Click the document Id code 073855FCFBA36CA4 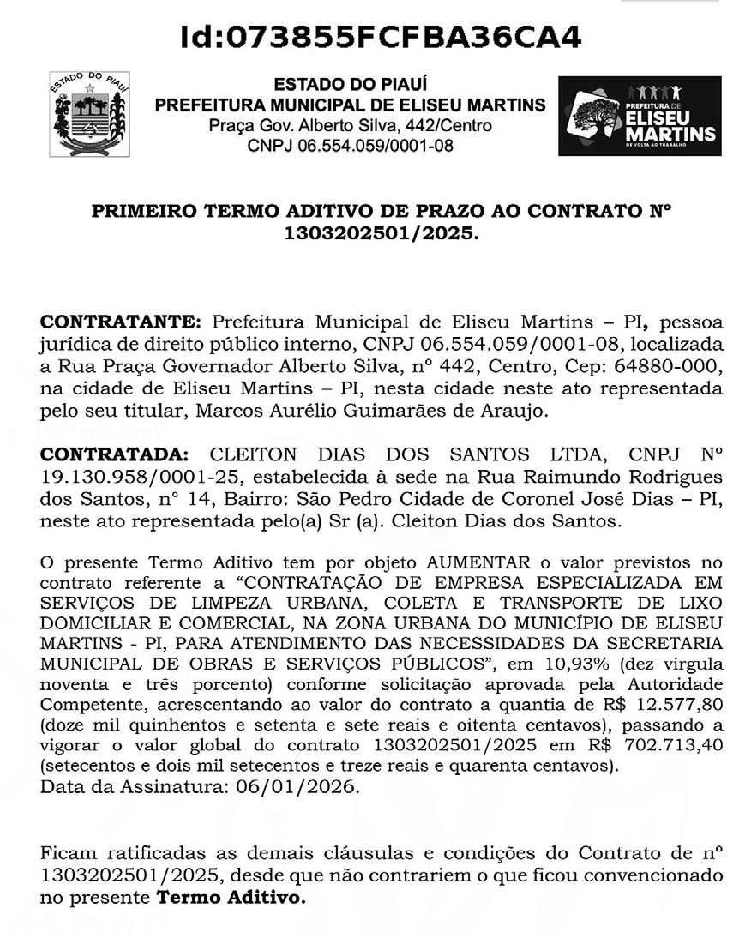[382, 37]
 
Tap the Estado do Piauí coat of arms [89, 114]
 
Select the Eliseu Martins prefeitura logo [640, 116]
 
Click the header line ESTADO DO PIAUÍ [350, 86]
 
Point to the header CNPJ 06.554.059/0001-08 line [350, 146]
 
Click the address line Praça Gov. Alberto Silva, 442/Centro [350, 126]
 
